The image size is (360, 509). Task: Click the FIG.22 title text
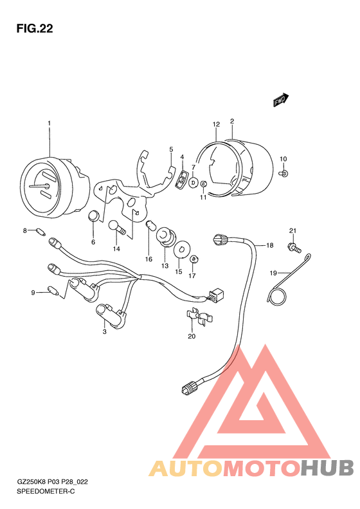click(x=35, y=29)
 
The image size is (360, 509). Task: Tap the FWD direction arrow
click(x=281, y=100)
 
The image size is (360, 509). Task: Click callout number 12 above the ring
click(x=217, y=124)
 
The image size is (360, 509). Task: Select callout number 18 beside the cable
click(x=270, y=245)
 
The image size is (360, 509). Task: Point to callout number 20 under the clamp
click(x=192, y=336)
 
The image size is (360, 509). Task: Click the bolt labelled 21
click(x=294, y=248)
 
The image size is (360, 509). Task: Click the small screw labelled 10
click(x=283, y=173)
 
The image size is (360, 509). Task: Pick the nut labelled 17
click(x=194, y=259)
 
